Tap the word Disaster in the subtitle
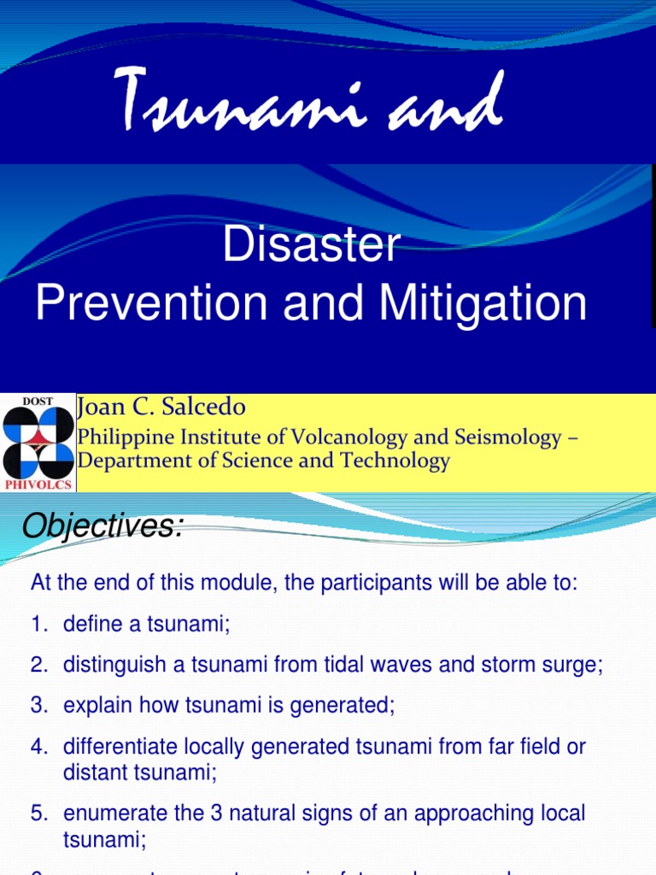click(x=312, y=247)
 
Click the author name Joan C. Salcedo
click(x=162, y=407)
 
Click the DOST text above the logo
click(x=38, y=401)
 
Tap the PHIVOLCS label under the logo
click(x=38, y=484)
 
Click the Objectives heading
click(x=102, y=527)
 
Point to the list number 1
click(x=38, y=625)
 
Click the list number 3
click(x=38, y=706)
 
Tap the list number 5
click(x=38, y=813)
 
